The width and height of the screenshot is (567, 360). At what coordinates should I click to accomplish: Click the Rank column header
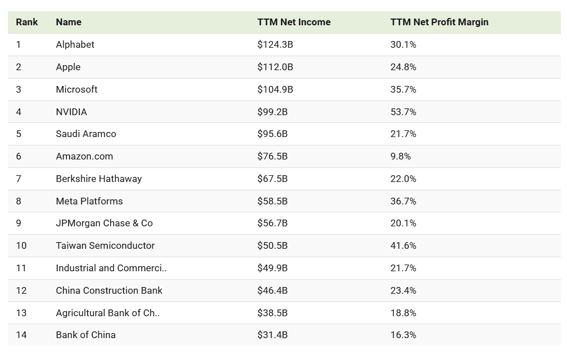click(27, 22)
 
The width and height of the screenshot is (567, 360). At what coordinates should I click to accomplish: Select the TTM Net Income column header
click(294, 22)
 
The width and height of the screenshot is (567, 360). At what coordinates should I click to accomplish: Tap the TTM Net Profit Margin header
click(439, 22)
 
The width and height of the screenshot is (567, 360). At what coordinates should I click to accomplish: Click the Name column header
click(69, 22)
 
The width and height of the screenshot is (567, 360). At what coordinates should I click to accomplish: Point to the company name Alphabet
click(75, 45)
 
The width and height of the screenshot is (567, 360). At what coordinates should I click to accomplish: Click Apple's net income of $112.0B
click(275, 67)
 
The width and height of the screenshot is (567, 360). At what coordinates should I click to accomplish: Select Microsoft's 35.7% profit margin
click(403, 89)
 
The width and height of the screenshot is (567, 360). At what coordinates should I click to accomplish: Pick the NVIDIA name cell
click(71, 112)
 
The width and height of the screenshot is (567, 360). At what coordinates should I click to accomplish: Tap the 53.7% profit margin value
click(403, 112)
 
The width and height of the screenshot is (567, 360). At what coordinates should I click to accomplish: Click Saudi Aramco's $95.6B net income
click(273, 134)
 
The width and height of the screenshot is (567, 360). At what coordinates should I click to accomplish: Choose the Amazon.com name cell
click(84, 156)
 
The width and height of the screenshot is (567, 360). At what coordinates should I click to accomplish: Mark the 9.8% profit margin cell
click(401, 156)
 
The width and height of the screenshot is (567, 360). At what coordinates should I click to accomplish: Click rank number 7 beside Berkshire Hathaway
click(19, 179)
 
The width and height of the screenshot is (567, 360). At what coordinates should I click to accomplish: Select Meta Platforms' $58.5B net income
click(273, 201)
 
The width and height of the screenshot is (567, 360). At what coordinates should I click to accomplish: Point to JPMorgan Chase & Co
click(105, 223)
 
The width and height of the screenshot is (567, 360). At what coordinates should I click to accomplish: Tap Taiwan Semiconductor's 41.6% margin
click(403, 245)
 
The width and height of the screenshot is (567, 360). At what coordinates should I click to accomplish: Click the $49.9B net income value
click(273, 268)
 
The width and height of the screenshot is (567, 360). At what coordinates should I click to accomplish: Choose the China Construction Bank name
click(109, 290)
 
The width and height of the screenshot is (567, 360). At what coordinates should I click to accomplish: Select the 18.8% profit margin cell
click(403, 313)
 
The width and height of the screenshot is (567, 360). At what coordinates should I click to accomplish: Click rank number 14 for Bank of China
click(21, 335)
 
